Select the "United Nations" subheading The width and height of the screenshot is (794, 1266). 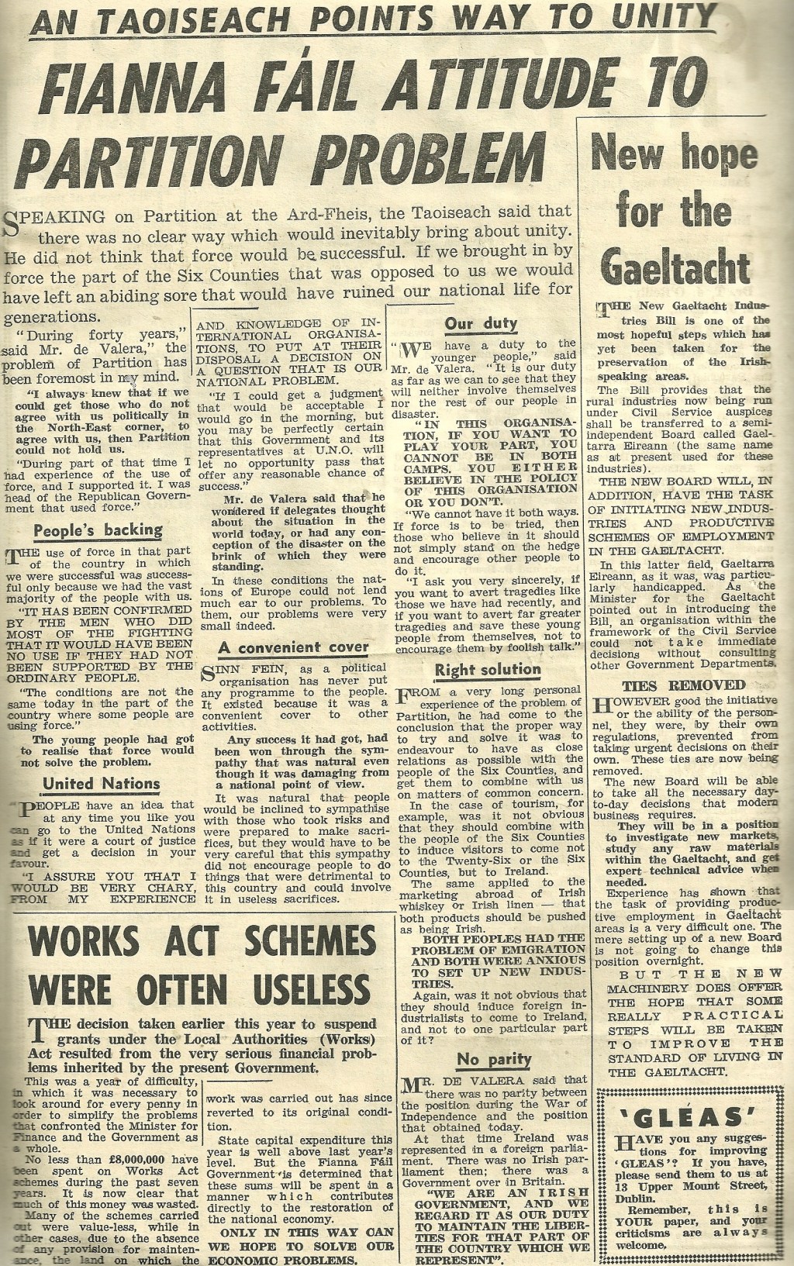[101, 784]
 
